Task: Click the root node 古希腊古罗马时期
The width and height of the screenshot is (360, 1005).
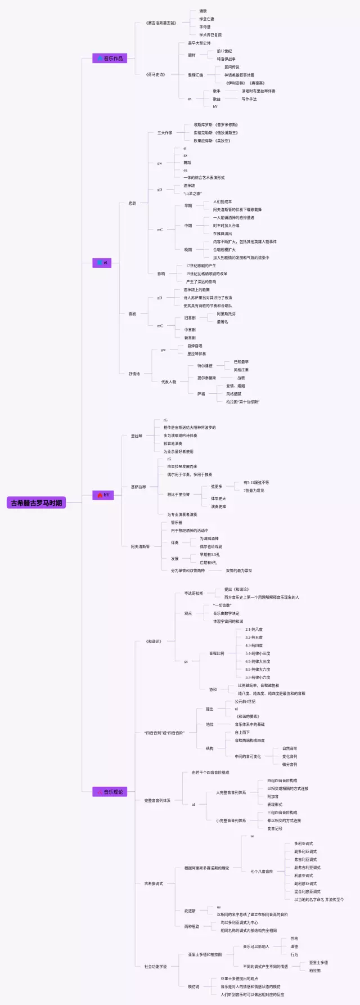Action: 37,503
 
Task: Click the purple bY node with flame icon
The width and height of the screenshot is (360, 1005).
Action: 103,495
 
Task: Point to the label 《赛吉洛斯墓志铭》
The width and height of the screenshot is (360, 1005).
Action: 161,23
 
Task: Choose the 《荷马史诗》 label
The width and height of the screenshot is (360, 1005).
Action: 155,74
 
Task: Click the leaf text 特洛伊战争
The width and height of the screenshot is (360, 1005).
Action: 226,59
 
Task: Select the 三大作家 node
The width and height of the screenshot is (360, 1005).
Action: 165,133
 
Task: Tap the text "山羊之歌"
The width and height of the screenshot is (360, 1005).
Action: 192,194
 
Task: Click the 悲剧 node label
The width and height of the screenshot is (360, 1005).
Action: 132,203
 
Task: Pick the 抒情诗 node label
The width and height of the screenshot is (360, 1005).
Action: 134,374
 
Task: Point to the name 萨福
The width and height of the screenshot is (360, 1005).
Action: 201,394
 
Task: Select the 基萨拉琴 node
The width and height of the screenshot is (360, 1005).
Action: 138,487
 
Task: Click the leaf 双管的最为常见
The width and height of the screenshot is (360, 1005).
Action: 238,571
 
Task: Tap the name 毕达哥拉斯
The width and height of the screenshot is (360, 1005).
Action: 193,593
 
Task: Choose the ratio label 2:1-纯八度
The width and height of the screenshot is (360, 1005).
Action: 254,630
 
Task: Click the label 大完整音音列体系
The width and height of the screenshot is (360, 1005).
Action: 231,793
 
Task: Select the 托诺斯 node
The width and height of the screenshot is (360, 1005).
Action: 190,911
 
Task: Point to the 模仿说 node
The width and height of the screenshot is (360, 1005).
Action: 193,986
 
